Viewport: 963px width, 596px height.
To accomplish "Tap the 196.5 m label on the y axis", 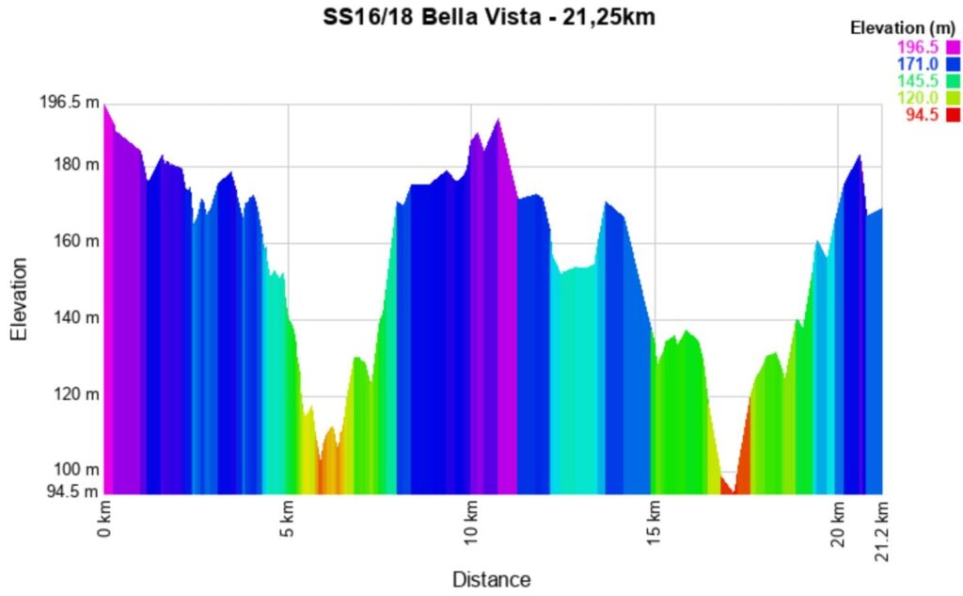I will point(69,102).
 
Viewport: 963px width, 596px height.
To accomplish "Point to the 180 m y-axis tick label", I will point(77,166).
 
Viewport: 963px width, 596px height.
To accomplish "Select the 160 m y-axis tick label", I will point(77,241).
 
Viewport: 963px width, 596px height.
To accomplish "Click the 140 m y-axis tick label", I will point(77,317).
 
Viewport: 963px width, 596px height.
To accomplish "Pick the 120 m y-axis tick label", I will point(77,394).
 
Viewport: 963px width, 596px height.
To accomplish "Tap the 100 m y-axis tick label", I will point(77,469).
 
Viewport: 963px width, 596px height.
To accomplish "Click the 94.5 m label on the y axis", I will point(72,491).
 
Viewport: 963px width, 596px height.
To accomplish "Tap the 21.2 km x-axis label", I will point(882,531).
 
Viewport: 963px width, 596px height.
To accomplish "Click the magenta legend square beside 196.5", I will point(953,47).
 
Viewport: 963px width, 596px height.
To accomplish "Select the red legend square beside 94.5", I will point(953,115).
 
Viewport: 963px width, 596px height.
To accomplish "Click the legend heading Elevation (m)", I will point(904,28).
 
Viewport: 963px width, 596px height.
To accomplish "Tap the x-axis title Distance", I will point(491,579).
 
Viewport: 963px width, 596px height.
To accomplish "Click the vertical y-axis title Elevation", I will point(19,298).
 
